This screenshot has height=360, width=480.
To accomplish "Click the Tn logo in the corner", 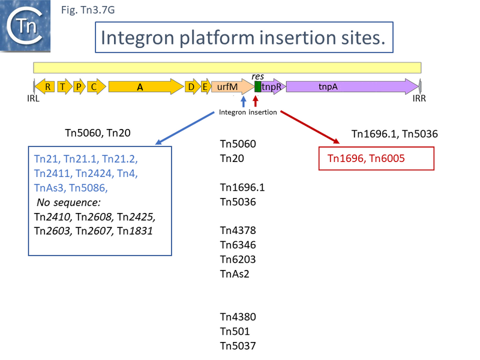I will pos(25,25).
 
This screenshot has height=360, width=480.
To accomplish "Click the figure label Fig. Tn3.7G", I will pos(88,9).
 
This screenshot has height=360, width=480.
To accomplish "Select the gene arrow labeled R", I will pos(46,87).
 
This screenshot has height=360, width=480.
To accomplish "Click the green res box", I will pos(258,87).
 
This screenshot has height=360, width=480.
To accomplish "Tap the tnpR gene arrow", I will pos(273,87).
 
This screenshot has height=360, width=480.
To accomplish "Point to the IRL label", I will pos(33,99).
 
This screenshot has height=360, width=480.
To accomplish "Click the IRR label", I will pos(419,99).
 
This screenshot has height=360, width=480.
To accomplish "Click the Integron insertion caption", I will pos(248,112).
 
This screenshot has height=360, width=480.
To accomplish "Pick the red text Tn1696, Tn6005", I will pos(366,159).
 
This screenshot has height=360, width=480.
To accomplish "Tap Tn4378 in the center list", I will pos(238,230).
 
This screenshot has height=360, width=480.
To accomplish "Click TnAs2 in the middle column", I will pos(235,274).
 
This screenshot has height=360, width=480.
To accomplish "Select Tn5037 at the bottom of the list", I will pos(238,346).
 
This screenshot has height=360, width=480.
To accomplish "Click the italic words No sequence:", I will pos(63,202).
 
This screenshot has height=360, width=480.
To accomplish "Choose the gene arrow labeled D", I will pos(191,87).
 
